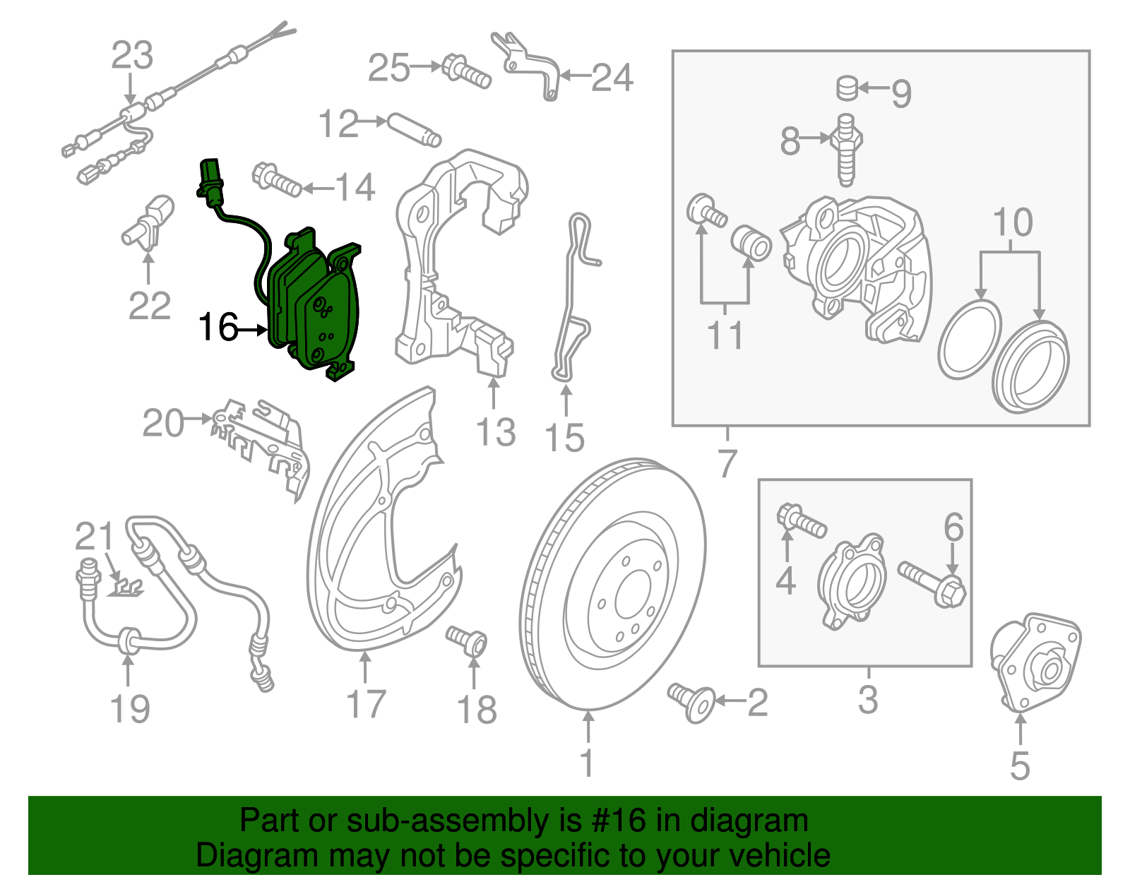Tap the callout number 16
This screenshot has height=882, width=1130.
click(218, 328)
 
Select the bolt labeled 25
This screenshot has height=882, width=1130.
click(466, 71)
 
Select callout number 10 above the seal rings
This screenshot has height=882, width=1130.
click(1012, 223)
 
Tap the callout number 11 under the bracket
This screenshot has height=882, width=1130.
click(725, 335)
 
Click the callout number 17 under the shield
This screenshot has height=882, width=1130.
click(365, 704)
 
